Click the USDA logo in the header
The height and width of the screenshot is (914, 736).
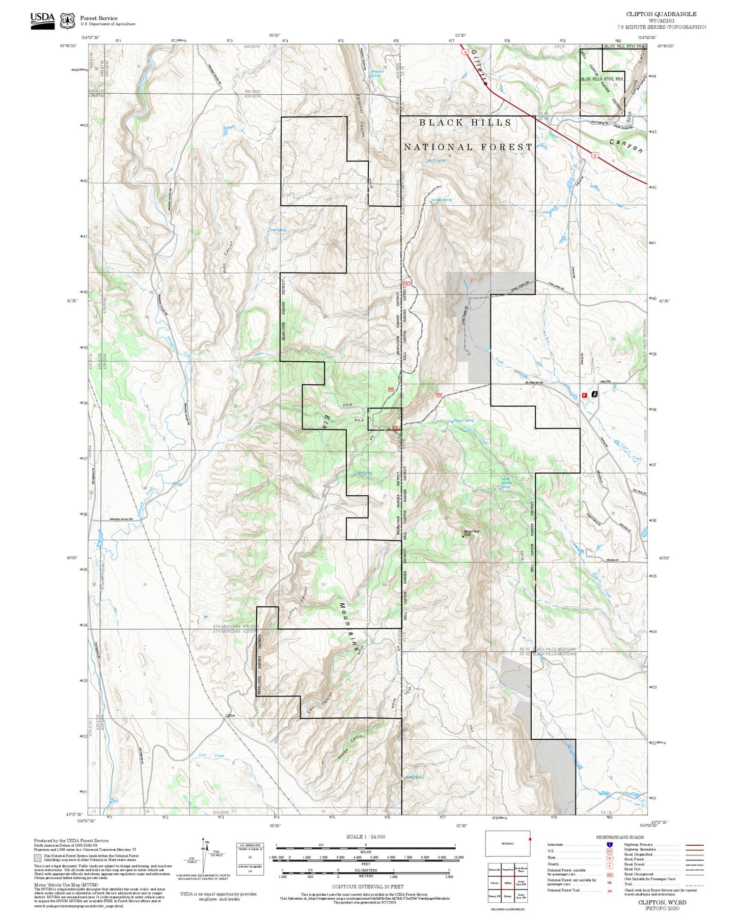coord(42,20)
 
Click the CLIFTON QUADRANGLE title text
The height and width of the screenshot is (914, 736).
coord(661,14)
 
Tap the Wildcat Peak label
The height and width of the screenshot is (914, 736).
coord(471,532)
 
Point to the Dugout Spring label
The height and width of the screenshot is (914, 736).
coord(463,420)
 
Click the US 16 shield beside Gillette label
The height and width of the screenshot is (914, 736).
coord(465,52)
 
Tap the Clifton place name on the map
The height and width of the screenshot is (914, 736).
coord(230,715)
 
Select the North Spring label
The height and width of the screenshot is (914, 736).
coord(437,160)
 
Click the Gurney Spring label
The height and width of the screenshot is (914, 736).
coord(441,200)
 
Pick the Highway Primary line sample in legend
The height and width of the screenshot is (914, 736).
coord(694,845)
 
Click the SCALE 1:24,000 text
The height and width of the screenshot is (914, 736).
coord(365,837)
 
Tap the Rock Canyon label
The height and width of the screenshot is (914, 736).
coord(228,257)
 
